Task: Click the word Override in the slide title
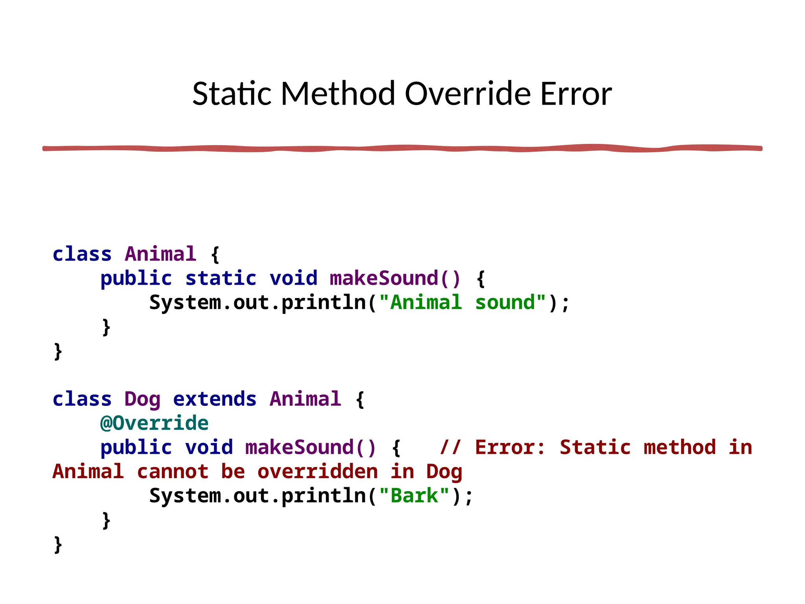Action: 468,94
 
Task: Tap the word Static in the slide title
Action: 232,94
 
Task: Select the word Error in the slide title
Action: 576,94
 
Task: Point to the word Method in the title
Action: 338,94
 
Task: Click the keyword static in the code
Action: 221,279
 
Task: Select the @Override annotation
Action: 154,424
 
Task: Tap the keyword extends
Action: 215,400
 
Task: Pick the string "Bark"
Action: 414,496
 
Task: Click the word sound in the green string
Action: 505,303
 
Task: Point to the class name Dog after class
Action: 142,400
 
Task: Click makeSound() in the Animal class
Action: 395,279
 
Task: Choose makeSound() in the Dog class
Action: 311,448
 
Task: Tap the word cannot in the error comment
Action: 173,472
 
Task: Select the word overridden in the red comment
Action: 318,472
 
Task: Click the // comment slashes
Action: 450,448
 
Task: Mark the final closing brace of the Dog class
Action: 58,545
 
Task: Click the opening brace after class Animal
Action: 215,255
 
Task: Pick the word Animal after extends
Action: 305,400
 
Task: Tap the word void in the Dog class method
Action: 209,448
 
